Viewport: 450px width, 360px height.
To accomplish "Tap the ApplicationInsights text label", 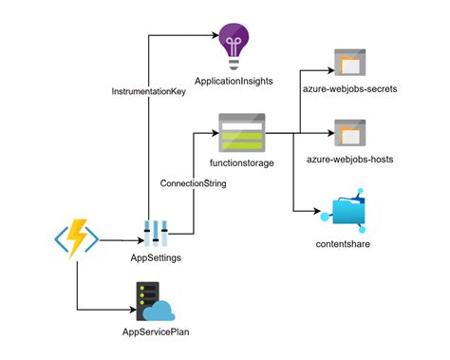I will pyautogui.click(x=234, y=83).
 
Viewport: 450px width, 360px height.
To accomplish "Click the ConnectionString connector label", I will pyautogui.click(x=193, y=182).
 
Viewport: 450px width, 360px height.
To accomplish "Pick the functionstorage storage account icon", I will pyautogui.click(x=242, y=134).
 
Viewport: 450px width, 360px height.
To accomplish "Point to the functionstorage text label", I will pyautogui.click(x=242, y=162).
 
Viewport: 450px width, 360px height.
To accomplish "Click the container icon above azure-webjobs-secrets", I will pyautogui.click(x=351, y=63).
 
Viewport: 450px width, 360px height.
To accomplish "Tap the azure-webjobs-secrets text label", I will pyautogui.click(x=352, y=89).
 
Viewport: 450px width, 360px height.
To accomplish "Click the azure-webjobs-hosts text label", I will pyautogui.click(x=352, y=158).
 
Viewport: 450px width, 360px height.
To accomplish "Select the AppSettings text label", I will pyautogui.click(x=156, y=258).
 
